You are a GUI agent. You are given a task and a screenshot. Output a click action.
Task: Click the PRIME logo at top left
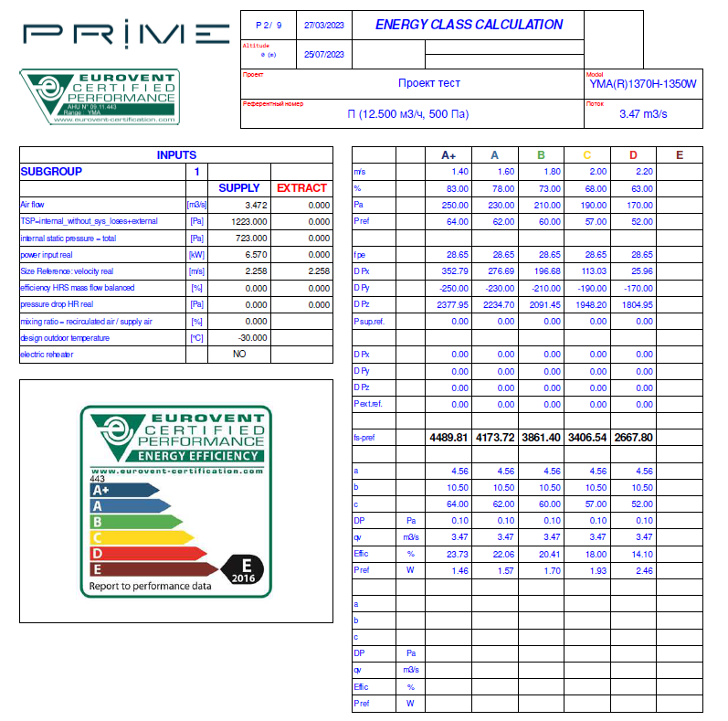[126, 35]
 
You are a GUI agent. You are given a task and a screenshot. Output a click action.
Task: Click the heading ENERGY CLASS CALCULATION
[469, 25]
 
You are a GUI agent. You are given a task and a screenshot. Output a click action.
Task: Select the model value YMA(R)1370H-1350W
[643, 84]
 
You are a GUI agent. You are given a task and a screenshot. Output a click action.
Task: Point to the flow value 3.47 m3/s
[643, 114]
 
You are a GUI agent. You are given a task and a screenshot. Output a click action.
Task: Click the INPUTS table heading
[176, 155]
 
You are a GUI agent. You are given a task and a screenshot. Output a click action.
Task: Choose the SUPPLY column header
[238, 188]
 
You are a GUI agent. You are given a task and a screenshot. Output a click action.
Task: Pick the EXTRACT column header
[301, 188]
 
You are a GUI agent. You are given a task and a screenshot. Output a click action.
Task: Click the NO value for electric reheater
[239, 355]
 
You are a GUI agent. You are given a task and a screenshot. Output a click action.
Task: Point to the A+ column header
[448, 155]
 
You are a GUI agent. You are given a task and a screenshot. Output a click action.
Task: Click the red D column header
[633, 155]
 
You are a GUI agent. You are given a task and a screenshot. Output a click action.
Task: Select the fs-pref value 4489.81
[448, 438]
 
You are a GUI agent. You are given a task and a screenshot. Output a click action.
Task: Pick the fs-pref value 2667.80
[634, 438]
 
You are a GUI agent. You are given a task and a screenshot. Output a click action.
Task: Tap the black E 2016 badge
[243, 570]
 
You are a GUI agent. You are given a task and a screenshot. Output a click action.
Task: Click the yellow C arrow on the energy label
[141, 537]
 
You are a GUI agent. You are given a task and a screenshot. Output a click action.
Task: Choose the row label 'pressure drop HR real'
[57, 304]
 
